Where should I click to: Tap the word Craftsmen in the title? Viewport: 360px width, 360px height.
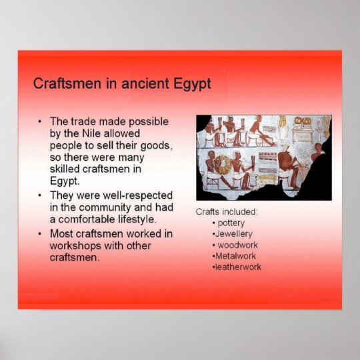(x=64, y=84)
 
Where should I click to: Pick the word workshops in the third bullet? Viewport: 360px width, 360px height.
(x=73, y=245)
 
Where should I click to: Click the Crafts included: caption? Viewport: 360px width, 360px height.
(x=227, y=211)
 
